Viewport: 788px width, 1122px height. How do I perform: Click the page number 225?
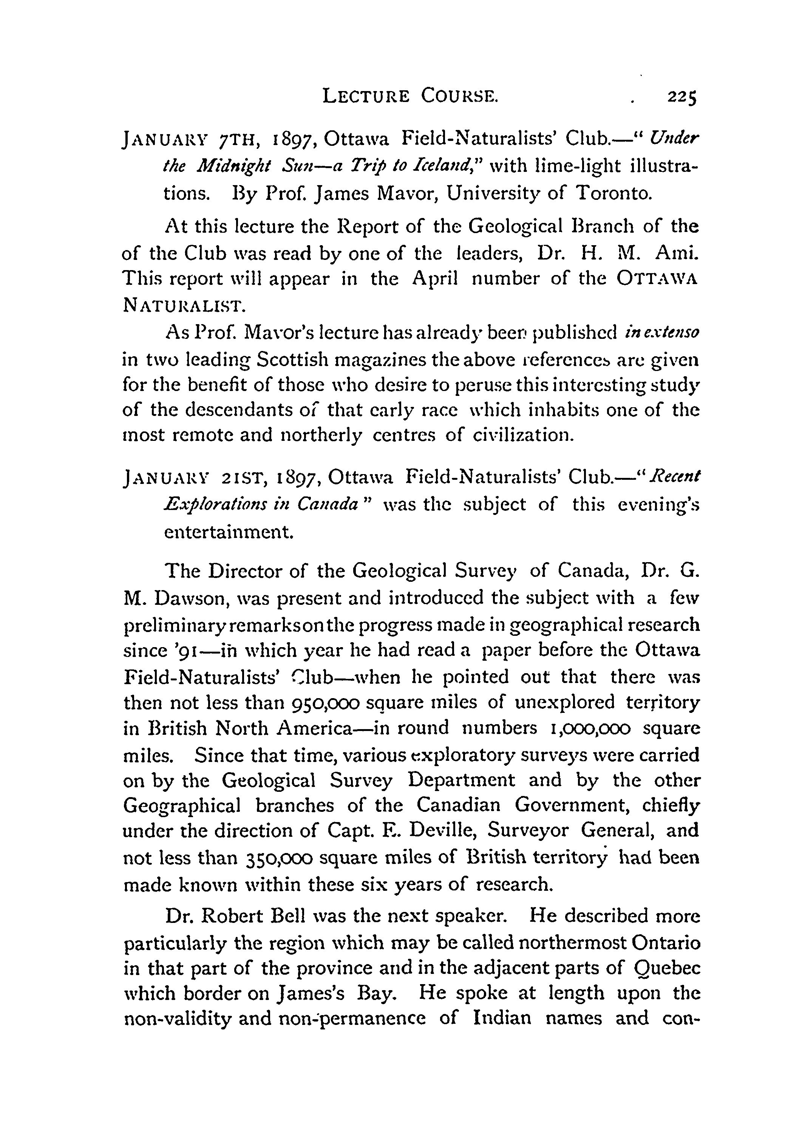pos(681,98)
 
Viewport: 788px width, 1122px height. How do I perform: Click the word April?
pos(435,278)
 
